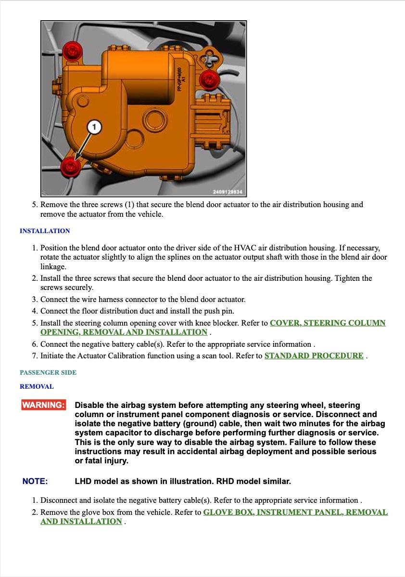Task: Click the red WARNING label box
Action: tap(43, 405)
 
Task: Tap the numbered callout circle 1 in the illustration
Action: tap(94, 127)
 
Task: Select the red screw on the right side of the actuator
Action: tap(209, 79)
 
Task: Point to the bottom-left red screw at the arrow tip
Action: tap(70, 167)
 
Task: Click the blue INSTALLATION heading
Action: tap(45, 231)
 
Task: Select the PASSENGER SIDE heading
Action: tap(48, 372)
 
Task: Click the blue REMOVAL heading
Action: tap(37, 386)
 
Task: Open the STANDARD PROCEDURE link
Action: tap(314, 356)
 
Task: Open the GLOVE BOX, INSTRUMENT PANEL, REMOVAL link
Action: tap(295, 512)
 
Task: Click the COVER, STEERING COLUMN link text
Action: tap(327, 323)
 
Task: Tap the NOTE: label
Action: tap(35, 481)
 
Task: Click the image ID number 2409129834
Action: tap(228, 192)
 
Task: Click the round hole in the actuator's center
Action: tap(155, 119)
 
